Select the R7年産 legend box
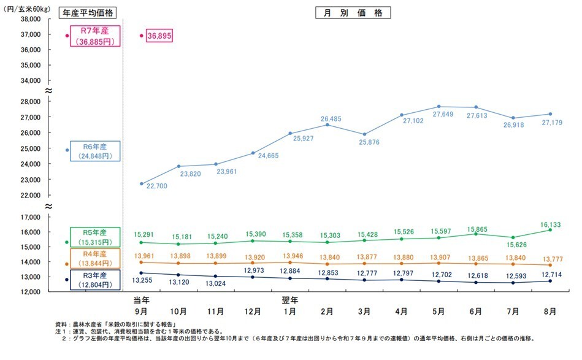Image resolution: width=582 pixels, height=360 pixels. pyautogui.click(x=94, y=36)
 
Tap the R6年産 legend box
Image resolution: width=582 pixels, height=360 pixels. pyautogui.click(x=94, y=151)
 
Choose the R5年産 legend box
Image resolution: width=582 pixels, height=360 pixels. pyautogui.click(x=94, y=237)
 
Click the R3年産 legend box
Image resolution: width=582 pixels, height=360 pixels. pyautogui.click(x=94, y=280)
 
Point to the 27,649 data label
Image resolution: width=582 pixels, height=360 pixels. pyautogui.click(x=438, y=115)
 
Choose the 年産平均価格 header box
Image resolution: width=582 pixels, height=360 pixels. pyautogui.click(x=90, y=12)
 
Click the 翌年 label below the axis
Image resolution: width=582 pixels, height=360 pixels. pyautogui.click(x=290, y=301)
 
